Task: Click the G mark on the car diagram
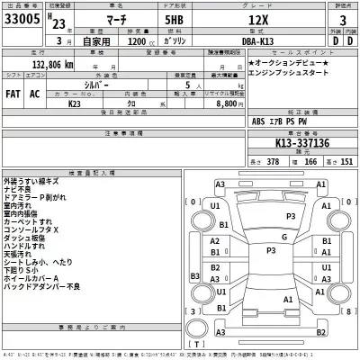pyautogui.click(x=283, y=237)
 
